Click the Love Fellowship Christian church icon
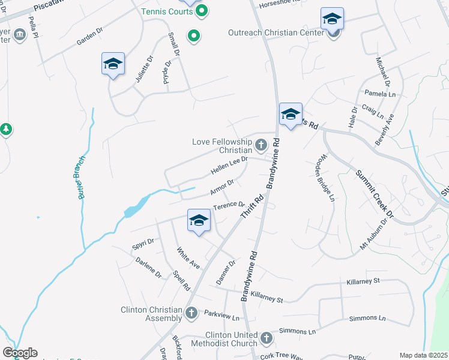click(261, 145)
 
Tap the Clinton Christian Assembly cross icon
click(191, 313)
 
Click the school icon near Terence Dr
click(199, 220)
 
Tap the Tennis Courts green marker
click(202, 10)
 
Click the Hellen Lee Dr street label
click(229, 166)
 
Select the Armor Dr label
click(221, 187)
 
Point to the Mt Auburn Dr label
click(375, 231)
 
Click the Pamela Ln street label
click(381, 94)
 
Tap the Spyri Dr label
click(143, 244)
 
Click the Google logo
click(20, 353)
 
